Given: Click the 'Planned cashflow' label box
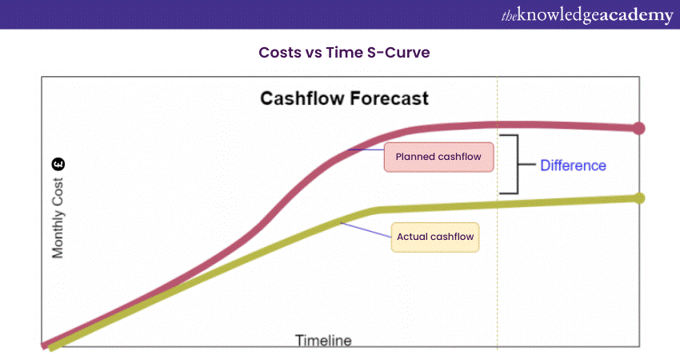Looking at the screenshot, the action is (x=438, y=157).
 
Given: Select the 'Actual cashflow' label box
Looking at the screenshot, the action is (x=435, y=238).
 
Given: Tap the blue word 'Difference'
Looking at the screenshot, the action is (x=573, y=166).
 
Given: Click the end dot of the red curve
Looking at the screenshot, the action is (x=639, y=128).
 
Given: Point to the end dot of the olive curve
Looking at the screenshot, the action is (x=639, y=198).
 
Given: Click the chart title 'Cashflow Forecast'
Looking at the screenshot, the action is (x=344, y=98).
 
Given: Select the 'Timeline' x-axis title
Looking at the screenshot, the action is (x=323, y=341).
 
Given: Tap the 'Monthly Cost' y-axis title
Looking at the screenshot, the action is (x=58, y=218).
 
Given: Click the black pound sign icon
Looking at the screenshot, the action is (x=58, y=164).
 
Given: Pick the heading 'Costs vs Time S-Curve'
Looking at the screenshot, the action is (x=344, y=53).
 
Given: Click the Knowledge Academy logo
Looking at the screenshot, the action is (x=587, y=15).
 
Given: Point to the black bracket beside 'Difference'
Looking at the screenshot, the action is (x=518, y=164).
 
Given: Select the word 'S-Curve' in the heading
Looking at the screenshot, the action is (x=398, y=53).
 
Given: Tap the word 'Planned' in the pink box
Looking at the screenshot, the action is (x=413, y=157).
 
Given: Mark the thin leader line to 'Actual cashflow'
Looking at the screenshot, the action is (x=366, y=230).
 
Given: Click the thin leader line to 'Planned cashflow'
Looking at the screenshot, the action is (x=366, y=150).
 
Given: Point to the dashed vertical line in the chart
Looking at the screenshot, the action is (x=498, y=213).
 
